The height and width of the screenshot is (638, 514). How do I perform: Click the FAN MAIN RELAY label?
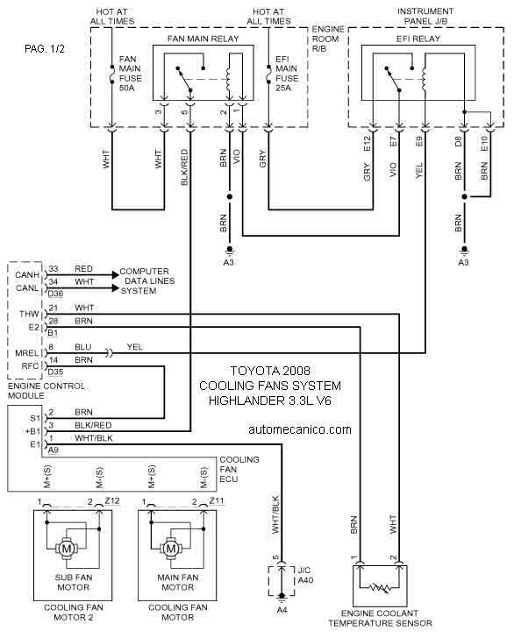click(203, 39)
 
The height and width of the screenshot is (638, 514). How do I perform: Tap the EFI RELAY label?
click(418, 39)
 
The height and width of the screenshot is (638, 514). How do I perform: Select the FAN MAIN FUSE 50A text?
click(131, 74)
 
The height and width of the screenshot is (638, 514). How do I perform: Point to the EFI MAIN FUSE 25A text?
click(287, 74)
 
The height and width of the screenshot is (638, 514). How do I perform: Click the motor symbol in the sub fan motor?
click(67, 549)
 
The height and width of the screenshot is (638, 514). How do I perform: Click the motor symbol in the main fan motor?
click(171, 549)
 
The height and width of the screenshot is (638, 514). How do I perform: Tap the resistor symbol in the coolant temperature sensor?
click(380, 587)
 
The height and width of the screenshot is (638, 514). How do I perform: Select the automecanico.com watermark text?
click(300, 429)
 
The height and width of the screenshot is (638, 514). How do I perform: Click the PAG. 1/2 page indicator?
click(45, 49)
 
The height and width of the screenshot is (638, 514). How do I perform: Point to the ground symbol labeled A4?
click(282, 597)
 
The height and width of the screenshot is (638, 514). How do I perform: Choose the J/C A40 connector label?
click(305, 575)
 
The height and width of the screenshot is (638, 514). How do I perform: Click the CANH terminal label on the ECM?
click(27, 275)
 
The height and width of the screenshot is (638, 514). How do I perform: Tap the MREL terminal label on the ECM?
click(27, 353)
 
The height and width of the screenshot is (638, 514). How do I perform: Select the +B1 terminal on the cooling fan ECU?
click(33, 431)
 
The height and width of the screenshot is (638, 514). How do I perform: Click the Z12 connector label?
click(112, 501)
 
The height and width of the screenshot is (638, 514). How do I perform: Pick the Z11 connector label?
click(217, 501)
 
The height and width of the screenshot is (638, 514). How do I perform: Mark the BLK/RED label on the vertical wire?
click(184, 167)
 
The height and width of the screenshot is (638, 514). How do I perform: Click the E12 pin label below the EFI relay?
click(367, 144)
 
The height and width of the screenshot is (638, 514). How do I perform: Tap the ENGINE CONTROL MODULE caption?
click(46, 391)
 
